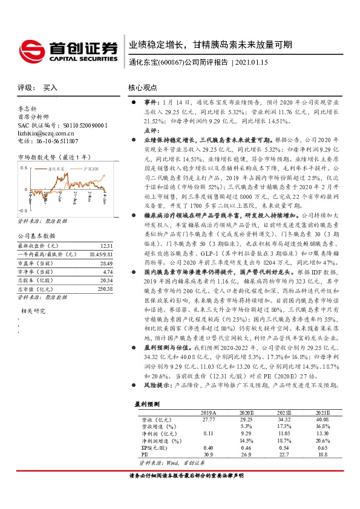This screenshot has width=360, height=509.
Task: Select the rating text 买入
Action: pyautogui.click(x=50, y=88)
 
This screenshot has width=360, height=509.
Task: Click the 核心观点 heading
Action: pyautogui.click(x=143, y=88)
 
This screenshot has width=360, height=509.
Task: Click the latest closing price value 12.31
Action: pyautogui.click(x=106, y=245)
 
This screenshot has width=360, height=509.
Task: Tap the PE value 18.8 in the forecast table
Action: pyautogui.click(x=322, y=455)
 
